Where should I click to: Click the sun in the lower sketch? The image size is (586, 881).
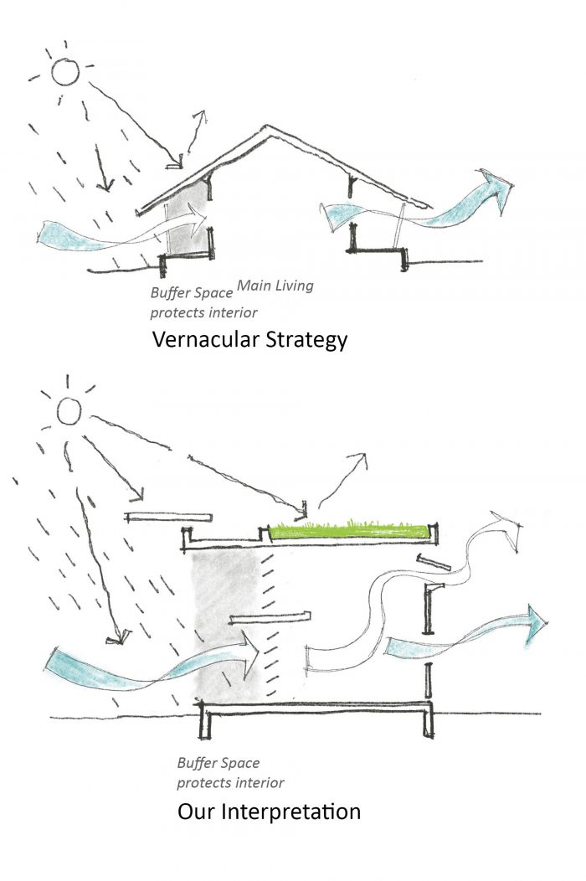(x=68, y=410)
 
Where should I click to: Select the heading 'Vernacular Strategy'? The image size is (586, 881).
(x=249, y=341)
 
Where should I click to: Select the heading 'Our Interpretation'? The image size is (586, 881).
(x=269, y=811)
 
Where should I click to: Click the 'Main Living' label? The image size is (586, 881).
(x=275, y=286)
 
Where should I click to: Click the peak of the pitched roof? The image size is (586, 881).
(x=266, y=127)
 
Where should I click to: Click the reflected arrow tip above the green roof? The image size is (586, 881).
(x=364, y=456)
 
